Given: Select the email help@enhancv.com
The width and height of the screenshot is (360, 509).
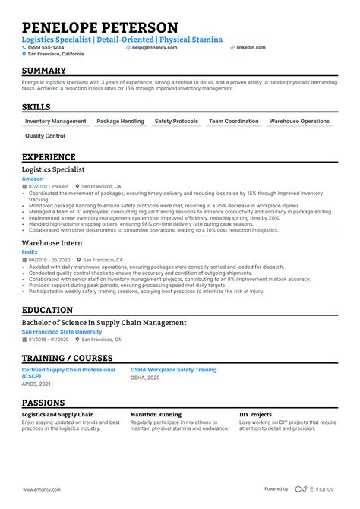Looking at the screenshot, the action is (x=156, y=47).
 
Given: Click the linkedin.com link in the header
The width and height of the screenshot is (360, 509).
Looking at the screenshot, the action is (x=251, y=47).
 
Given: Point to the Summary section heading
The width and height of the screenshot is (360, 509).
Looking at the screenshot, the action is (x=44, y=71).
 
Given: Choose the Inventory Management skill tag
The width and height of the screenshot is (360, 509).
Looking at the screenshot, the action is (x=55, y=122).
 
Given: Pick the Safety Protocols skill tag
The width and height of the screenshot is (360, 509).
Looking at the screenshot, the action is (x=176, y=122).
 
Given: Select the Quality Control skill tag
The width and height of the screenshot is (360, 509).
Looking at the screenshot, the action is (x=45, y=137).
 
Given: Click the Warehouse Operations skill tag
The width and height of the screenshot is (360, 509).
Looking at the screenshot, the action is (x=299, y=122).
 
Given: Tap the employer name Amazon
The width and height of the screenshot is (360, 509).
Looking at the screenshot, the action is (x=33, y=179).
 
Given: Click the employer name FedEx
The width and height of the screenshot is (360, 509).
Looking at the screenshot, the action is (x=30, y=251).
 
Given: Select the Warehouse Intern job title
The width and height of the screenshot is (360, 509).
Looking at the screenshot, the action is (x=52, y=242).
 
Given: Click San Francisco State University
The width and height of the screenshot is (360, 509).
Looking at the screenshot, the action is (x=62, y=332).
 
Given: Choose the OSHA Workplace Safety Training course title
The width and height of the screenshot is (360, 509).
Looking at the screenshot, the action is (x=174, y=370).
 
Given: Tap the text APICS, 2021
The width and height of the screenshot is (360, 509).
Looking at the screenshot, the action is (x=37, y=384).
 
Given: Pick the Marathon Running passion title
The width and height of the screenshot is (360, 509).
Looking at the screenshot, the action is (x=156, y=415).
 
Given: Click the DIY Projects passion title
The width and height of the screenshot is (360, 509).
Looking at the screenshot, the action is (x=255, y=415).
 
